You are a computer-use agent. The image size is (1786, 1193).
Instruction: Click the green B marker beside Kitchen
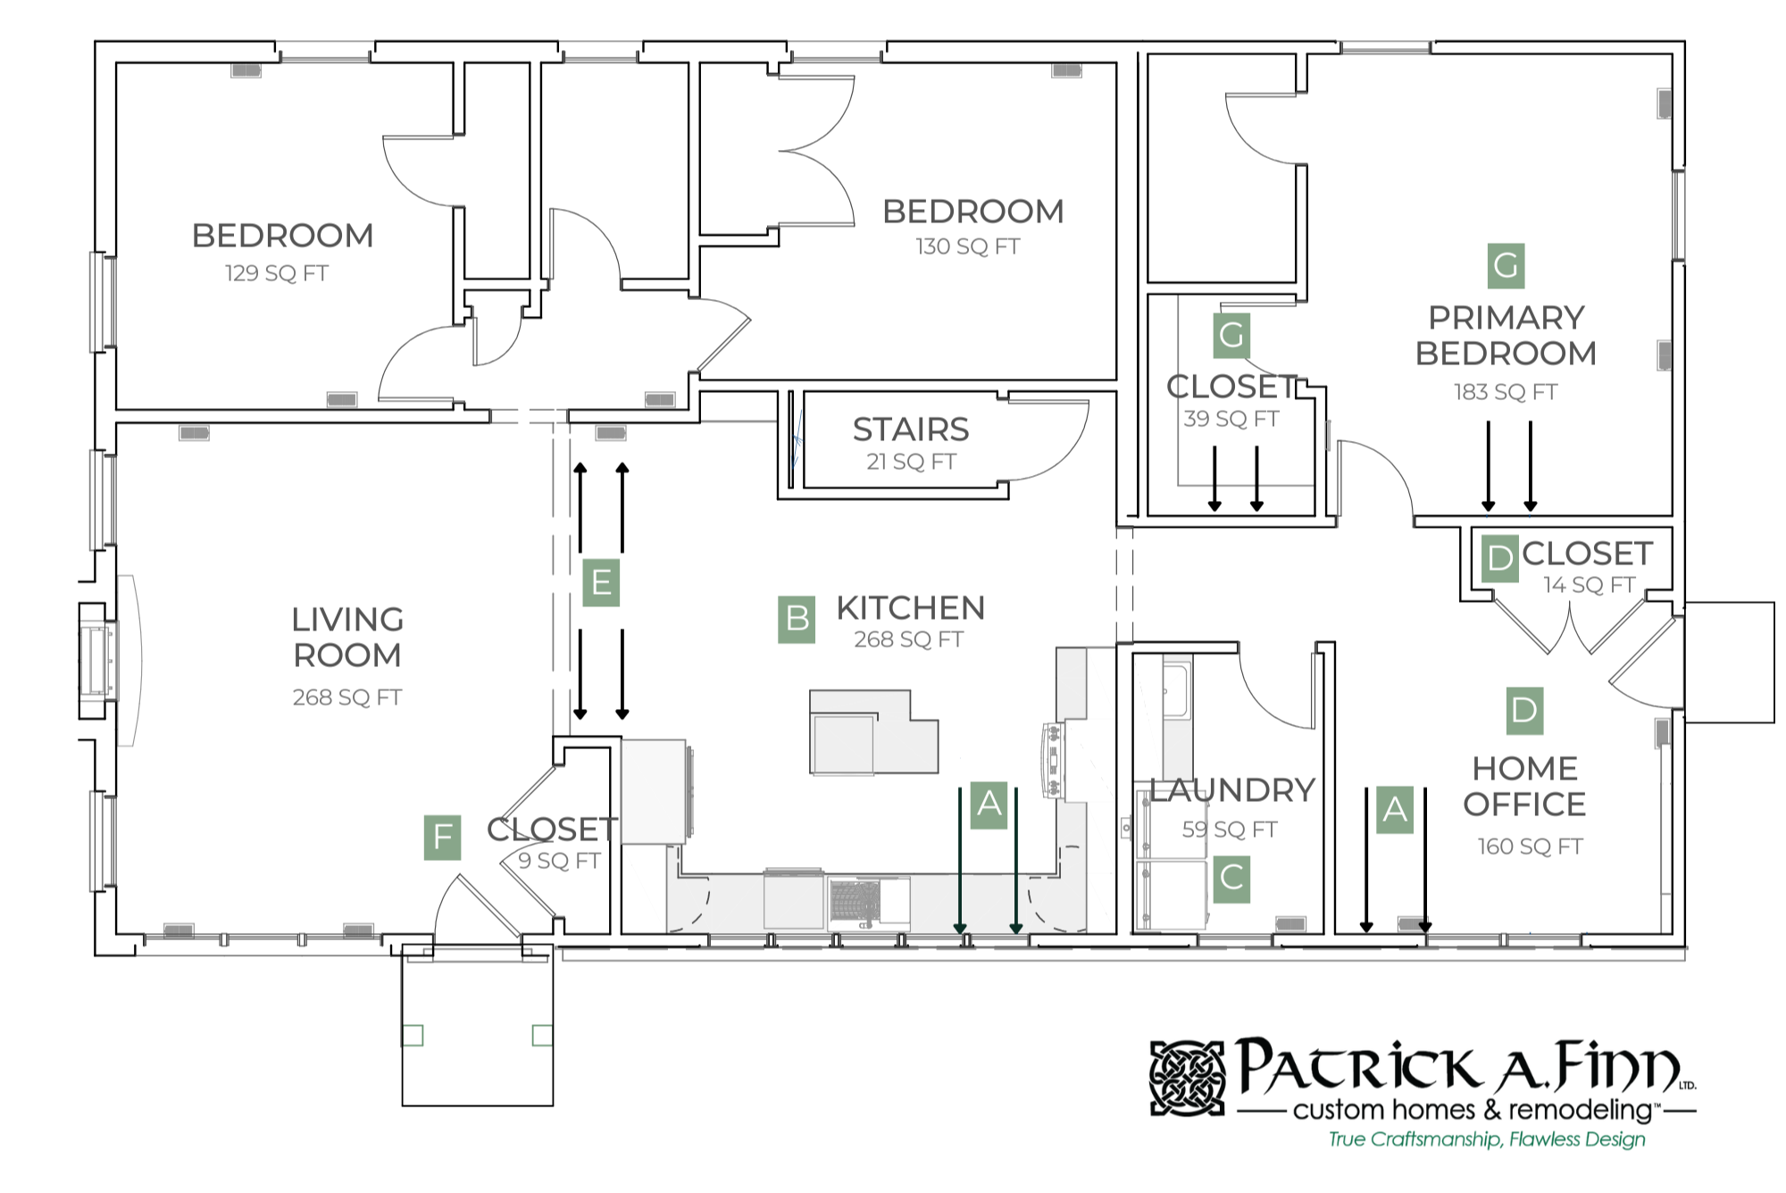797,619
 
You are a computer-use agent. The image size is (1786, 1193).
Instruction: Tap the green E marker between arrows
601,582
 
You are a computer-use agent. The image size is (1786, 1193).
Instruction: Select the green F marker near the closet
442,838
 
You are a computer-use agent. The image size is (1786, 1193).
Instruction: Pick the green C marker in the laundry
1231,879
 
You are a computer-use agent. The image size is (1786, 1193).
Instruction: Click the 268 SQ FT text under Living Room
347,697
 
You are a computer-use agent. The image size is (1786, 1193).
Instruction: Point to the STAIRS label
910,430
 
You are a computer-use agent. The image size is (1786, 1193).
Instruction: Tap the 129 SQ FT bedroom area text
277,273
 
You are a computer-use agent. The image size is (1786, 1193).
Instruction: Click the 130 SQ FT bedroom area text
968,246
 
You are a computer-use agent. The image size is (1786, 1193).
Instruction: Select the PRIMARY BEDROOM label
1506,336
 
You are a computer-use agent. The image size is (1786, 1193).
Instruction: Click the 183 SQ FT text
1506,392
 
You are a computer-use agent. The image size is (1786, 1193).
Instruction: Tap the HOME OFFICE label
1524,787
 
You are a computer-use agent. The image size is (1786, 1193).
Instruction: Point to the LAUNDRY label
1231,790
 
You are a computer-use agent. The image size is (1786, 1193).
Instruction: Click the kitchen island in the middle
872,732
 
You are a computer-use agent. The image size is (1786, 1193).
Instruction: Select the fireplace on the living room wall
96,661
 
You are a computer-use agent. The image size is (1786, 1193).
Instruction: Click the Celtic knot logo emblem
1187,1078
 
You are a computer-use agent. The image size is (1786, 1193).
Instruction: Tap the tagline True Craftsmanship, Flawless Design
1487,1139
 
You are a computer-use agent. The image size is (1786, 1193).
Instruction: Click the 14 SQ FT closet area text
1589,585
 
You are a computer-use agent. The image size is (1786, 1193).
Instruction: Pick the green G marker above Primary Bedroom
1506,266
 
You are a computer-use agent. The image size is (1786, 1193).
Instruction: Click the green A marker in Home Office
1394,810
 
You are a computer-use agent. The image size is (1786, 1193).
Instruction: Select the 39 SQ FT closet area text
1231,419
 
